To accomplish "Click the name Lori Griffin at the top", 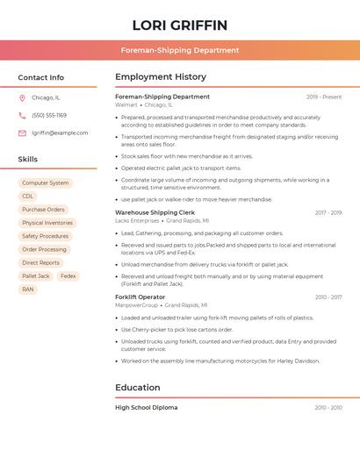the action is point(180,25).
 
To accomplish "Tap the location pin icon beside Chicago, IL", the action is point(22,98).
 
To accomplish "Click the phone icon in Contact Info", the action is point(22,115).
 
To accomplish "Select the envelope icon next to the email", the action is point(22,133).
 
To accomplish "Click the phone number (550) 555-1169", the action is point(49,115).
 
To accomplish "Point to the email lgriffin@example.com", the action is point(60,133).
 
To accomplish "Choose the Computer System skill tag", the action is point(46,183).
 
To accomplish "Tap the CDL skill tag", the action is point(28,197).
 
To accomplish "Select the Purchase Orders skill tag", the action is point(44,210).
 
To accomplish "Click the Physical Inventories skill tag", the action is point(47,223).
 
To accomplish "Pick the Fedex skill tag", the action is point(68,275).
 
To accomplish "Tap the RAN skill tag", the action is point(28,289).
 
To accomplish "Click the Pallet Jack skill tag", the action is point(36,275).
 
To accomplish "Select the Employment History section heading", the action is point(161,77).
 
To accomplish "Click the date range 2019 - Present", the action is point(324,97).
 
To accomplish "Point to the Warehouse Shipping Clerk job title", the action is point(155,212).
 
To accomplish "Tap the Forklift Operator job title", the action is point(140,297).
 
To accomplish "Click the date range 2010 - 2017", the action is point(328,297).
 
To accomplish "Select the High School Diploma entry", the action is point(146,408).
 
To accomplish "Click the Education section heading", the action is point(138,387).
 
